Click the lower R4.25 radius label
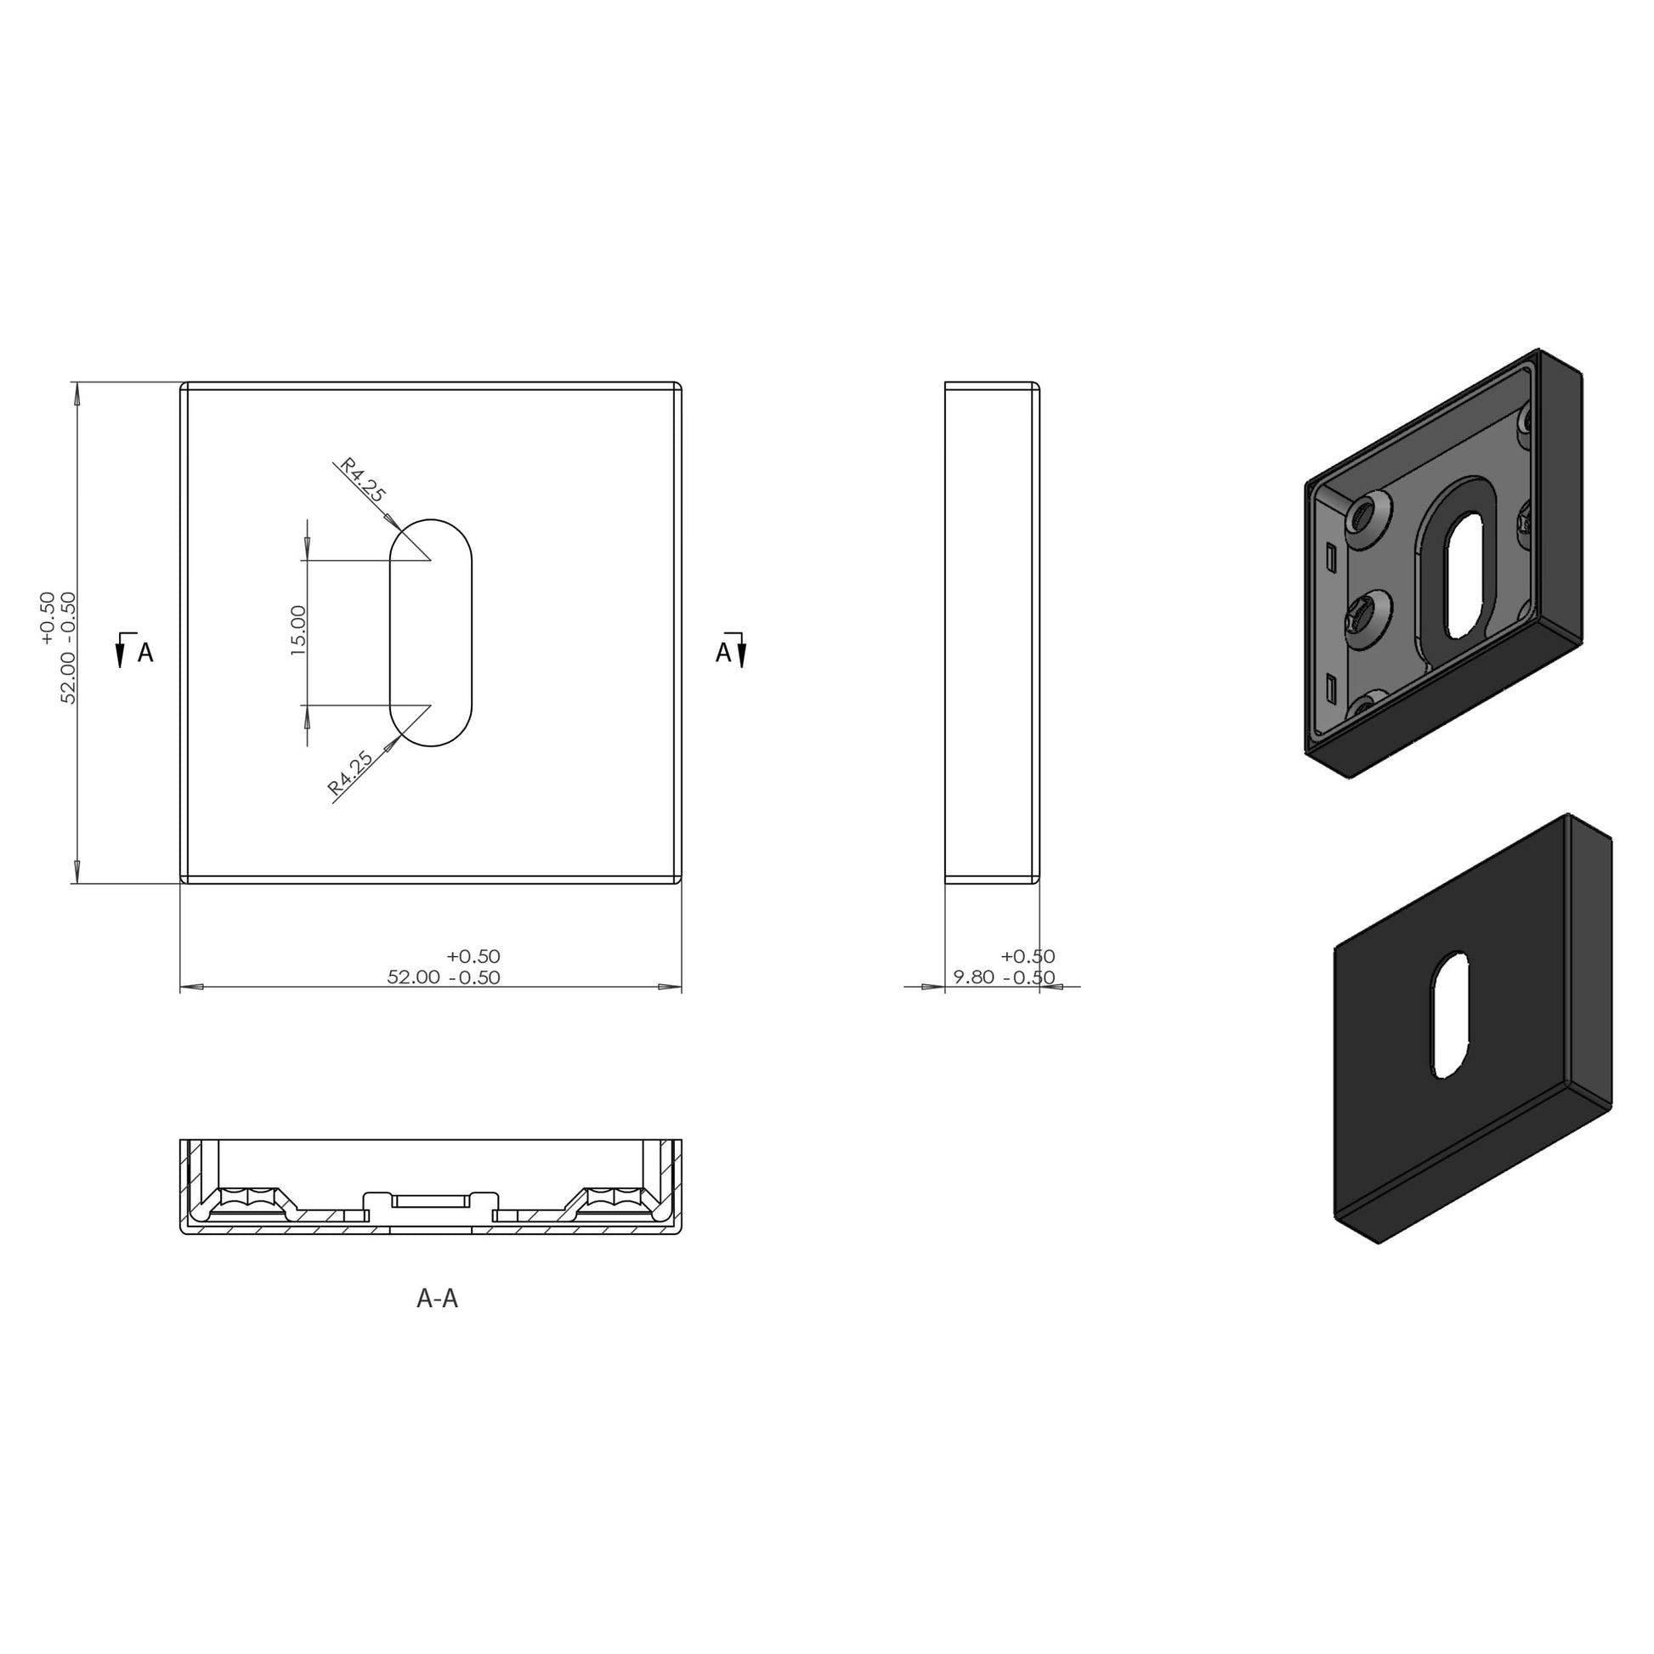point(351,773)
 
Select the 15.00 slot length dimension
point(298,631)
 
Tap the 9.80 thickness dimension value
point(973,977)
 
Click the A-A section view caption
point(437,1299)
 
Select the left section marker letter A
point(145,654)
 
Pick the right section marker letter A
point(722,654)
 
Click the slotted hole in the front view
point(431,632)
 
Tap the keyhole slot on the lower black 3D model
point(1449,1015)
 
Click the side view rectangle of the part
point(991,632)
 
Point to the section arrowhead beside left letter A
point(120,656)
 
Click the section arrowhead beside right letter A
point(741,656)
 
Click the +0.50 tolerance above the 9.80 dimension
point(1028,956)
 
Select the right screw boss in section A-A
point(612,1198)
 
